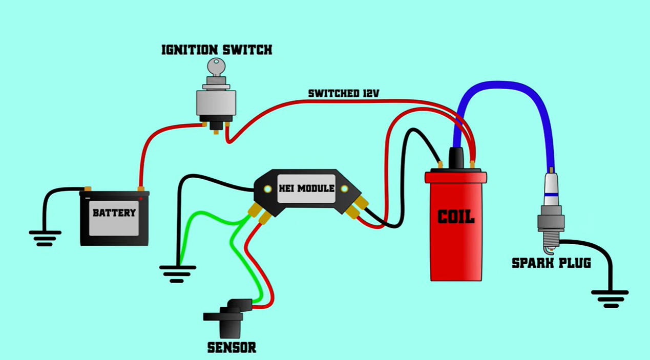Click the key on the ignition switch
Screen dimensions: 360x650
click(216, 67)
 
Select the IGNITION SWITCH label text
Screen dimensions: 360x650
click(217, 50)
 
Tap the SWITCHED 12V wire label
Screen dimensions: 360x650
click(344, 93)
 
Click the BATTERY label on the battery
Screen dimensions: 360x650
click(114, 213)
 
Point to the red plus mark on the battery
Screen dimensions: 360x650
click(141, 198)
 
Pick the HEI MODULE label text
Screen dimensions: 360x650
click(306, 188)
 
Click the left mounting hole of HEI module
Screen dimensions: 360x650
click(268, 189)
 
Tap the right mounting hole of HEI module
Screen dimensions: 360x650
click(345, 189)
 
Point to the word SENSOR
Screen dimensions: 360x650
click(232, 348)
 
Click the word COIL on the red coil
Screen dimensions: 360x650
click(456, 217)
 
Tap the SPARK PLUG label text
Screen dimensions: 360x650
click(551, 263)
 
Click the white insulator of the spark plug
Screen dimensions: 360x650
click(551, 187)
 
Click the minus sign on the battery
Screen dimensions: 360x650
click(88, 198)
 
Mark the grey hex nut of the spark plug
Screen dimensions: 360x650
click(551, 222)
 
